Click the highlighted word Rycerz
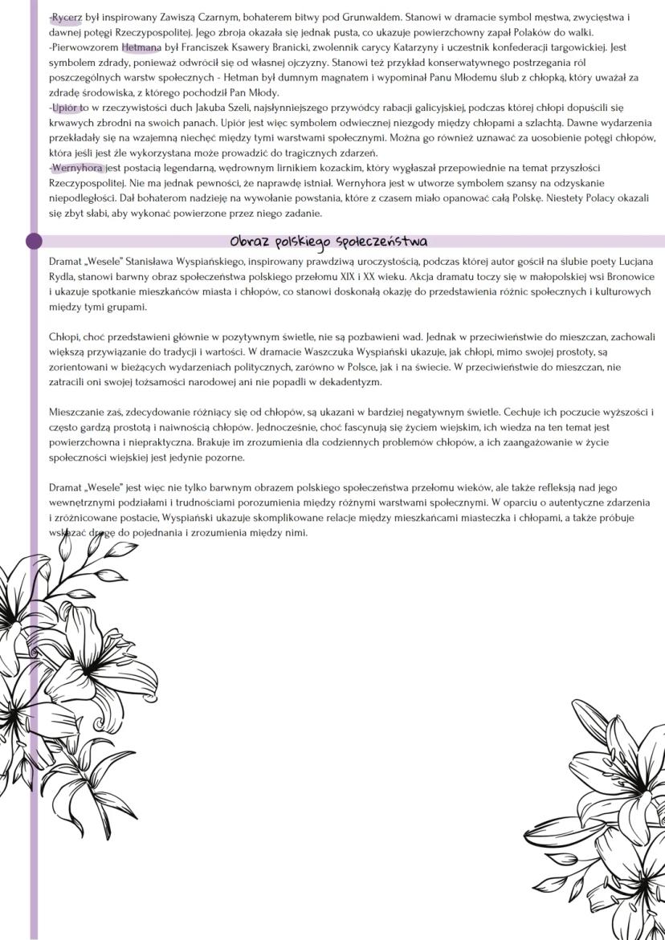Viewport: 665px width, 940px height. tap(67, 16)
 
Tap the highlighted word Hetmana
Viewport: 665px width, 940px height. tap(141, 47)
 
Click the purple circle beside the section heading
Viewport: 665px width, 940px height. tap(34, 241)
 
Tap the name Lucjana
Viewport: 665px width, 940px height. tap(630, 262)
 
